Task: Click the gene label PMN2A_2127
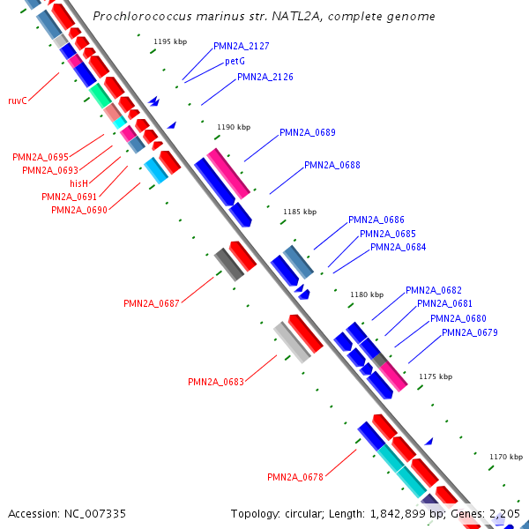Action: click(x=241, y=46)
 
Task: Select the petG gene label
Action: click(x=235, y=62)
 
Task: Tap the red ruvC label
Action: click(x=18, y=101)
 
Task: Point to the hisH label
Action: click(x=79, y=183)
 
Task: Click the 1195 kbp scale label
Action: click(x=170, y=41)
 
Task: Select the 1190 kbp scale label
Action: click(x=234, y=128)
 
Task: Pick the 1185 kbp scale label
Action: click(x=299, y=212)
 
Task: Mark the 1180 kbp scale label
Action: click(x=367, y=294)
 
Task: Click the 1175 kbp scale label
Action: click(x=435, y=376)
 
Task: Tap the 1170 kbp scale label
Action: click(x=506, y=457)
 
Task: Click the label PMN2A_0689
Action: click(x=307, y=132)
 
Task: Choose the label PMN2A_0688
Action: click(x=332, y=165)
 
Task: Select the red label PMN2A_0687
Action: click(x=151, y=303)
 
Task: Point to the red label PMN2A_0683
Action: click(x=215, y=382)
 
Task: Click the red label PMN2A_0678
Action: click(x=295, y=477)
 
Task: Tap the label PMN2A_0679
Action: click(x=469, y=332)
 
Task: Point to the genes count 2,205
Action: click(x=505, y=513)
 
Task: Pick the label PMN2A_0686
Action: click(x=376, y=220)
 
